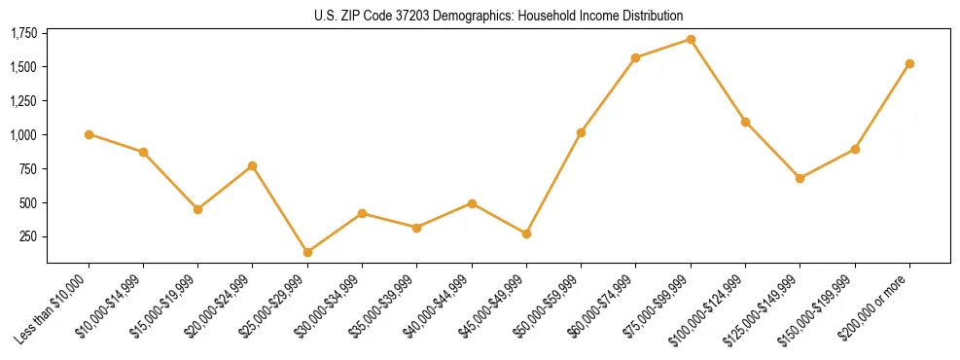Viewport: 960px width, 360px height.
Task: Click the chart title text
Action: click(499, 16)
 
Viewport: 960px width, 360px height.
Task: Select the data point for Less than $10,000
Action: click(89, 134)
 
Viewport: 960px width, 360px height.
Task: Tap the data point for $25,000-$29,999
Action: click(307, 252)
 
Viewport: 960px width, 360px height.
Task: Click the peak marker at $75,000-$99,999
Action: click(691, 39)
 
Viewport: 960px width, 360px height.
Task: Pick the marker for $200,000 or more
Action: click(909, 63)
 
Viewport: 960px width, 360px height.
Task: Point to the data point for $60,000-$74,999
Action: click(635, 57)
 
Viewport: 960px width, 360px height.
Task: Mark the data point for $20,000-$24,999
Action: click(253, 165)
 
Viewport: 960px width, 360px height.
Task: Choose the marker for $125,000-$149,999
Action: click(800, 178)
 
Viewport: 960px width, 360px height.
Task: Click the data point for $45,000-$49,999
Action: click(526, 234)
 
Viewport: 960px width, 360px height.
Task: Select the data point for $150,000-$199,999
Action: click(855, 149)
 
